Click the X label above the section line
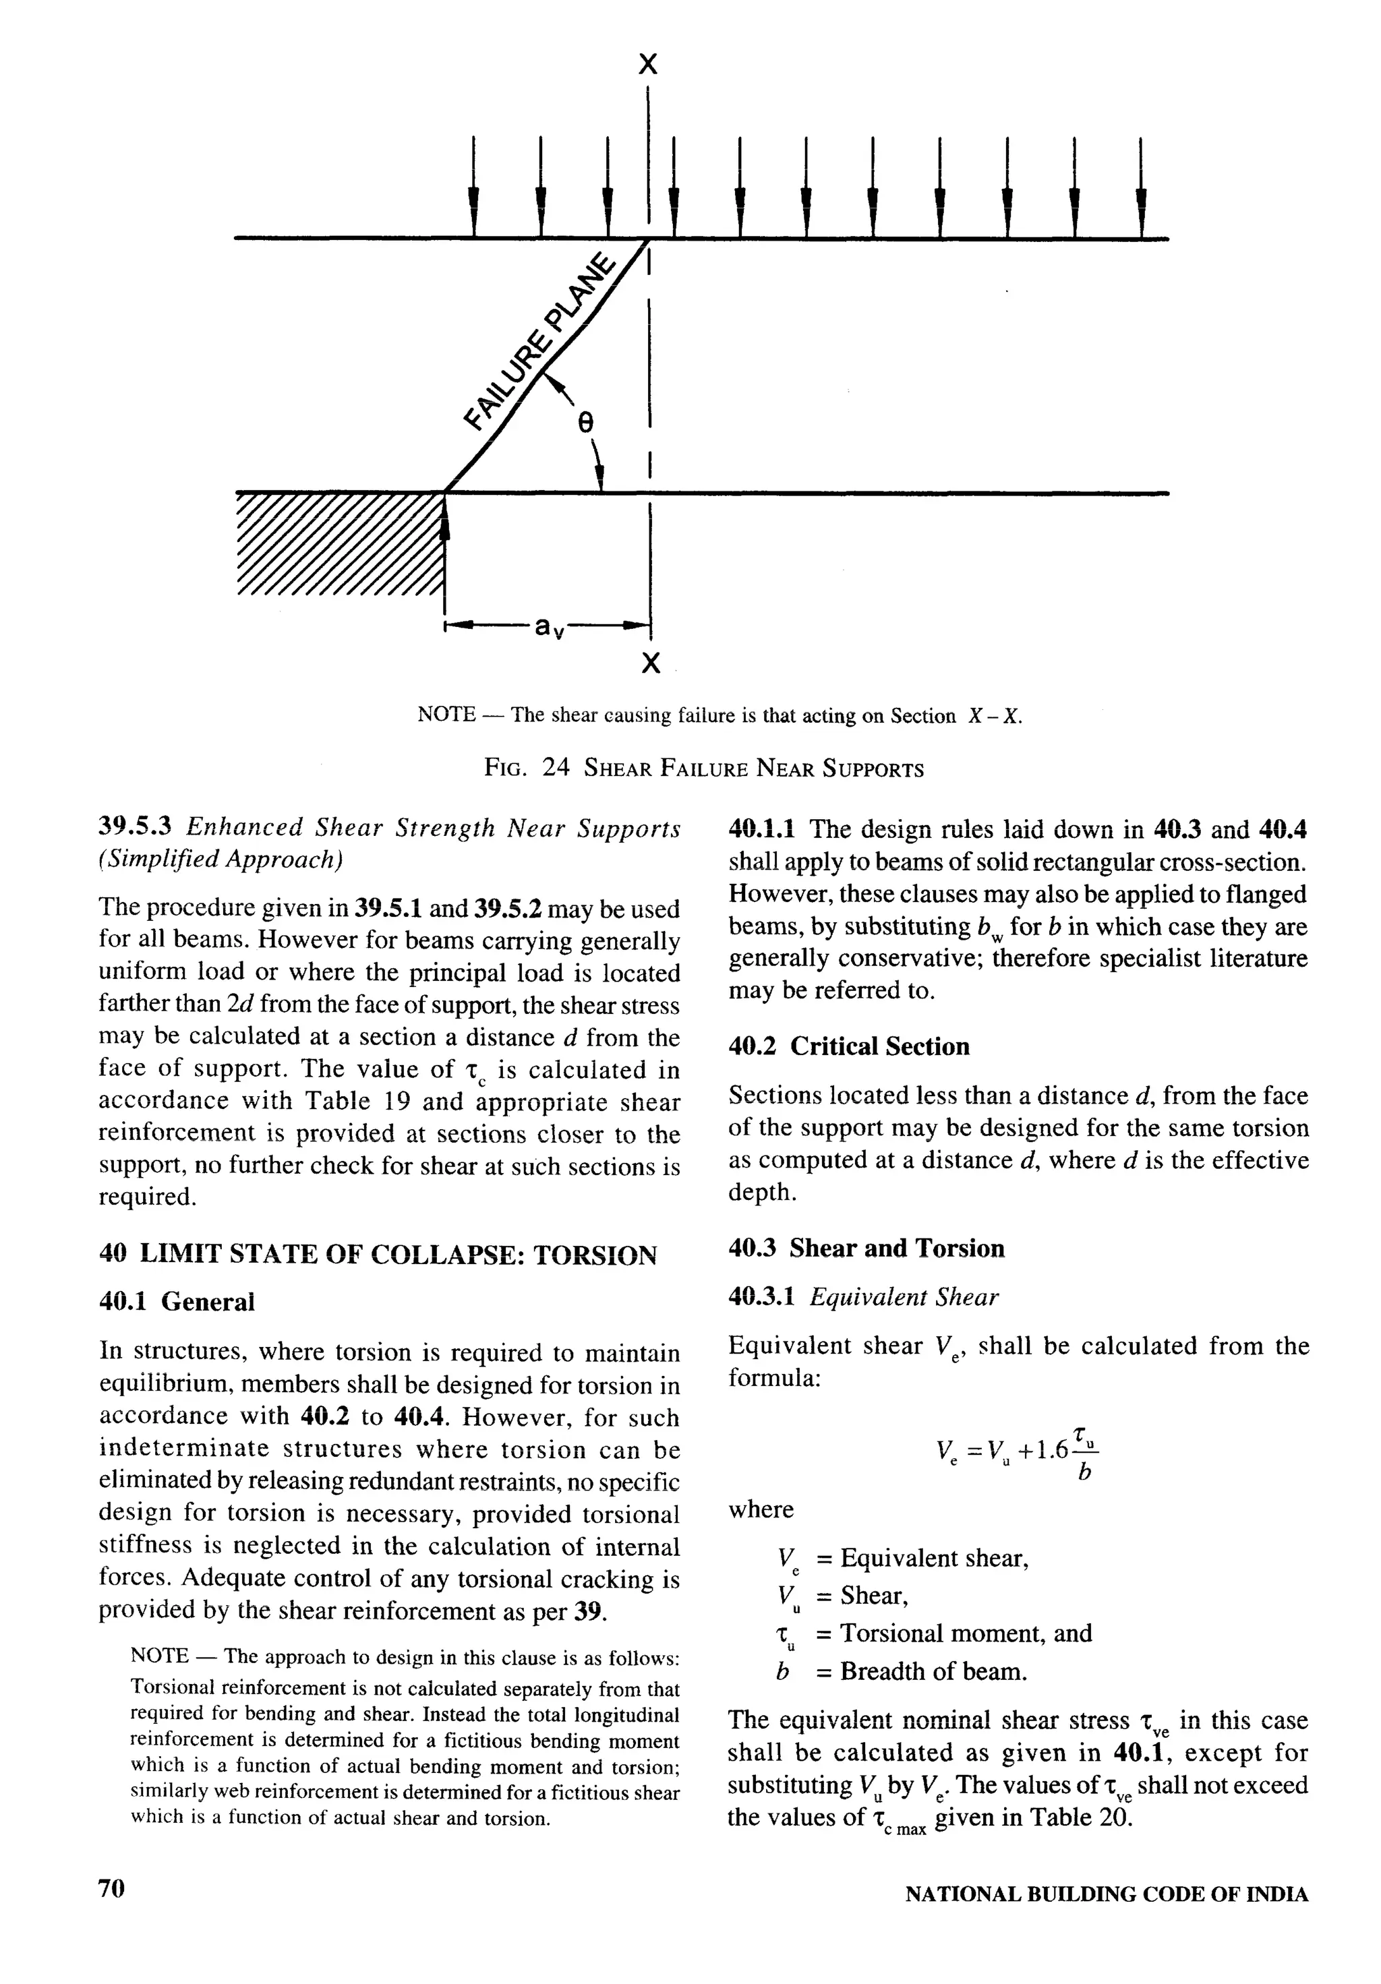coord(647,65)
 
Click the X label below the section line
coord(651,663)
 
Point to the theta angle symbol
coord(585,423)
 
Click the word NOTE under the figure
coord(446,715)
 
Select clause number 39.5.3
coord(136,827)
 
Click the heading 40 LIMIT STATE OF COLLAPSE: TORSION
coord(378,1254)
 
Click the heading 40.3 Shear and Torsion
coord(866,1248)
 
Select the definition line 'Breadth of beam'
coord(933,1671)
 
